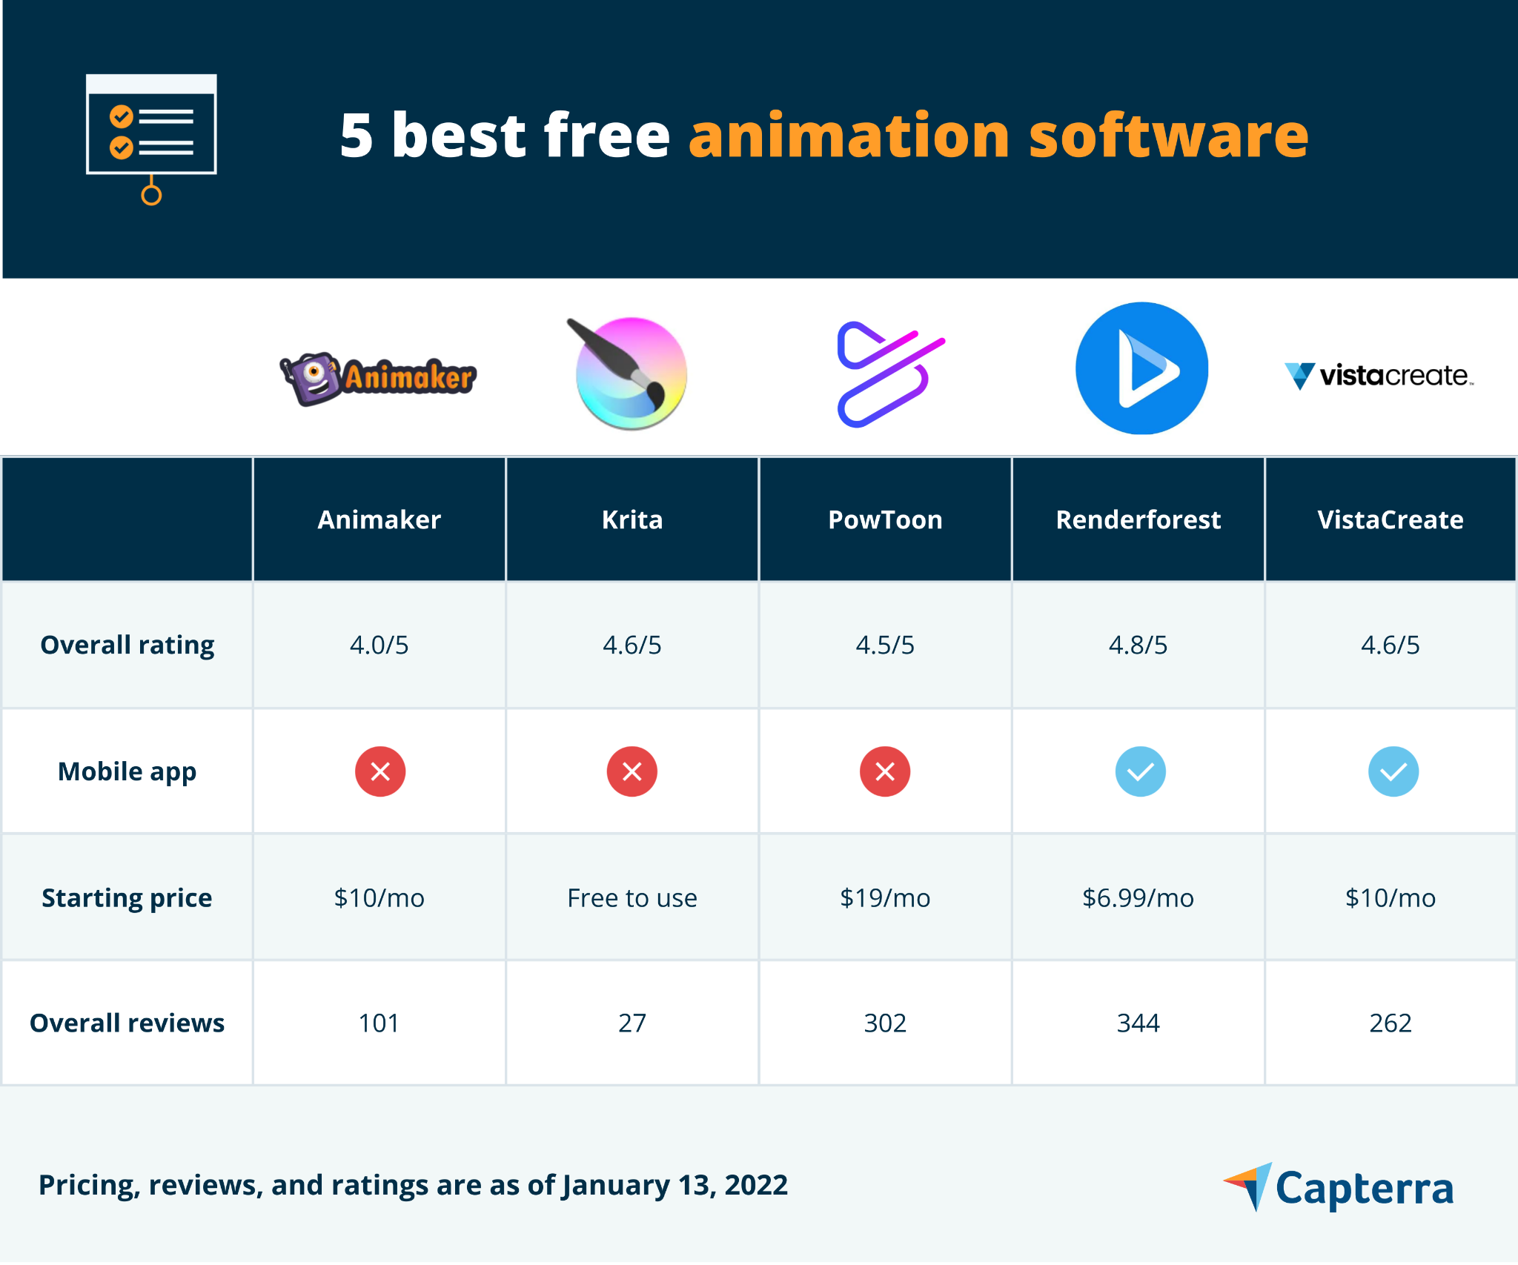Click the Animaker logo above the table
[378, 378]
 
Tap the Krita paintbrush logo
[630, 373]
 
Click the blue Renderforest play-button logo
[1141, 368]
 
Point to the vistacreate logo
[1379, 376]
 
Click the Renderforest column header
[1138, 519]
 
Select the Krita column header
[632, 519]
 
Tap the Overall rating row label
[127, 645]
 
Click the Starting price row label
[127, 897]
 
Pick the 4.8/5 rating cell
[1138, 645]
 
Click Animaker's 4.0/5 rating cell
[379, 645]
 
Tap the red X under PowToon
[884, 771]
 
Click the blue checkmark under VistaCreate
[1393, 771]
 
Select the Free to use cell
[632, 897]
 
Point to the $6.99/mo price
[1138, 897]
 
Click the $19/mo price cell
[884, 897]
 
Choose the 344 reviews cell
[1138, 1023]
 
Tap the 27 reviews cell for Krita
[632, 1023]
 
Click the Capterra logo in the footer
[1339, 1187]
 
